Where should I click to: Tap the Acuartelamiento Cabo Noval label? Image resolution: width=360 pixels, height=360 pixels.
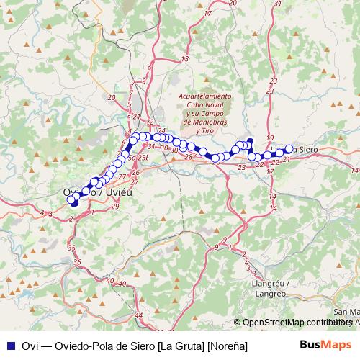point(205,96)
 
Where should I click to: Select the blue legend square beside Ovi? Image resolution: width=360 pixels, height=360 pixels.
point(9,346)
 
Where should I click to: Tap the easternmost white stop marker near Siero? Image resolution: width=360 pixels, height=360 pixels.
point(289,149)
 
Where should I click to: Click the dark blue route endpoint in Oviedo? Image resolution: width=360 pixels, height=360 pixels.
point(73,202)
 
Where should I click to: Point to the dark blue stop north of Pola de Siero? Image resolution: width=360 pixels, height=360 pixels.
point(250,141)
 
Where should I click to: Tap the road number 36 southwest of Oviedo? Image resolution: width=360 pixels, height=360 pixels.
point(77,262)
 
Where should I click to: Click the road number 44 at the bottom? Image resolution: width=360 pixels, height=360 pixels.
point(139,315)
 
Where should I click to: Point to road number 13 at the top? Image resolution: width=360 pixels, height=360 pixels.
point(184,58)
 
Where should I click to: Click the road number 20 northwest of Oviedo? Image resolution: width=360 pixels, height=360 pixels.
point(111,97)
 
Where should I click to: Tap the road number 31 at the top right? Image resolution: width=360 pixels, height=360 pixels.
point(278,4)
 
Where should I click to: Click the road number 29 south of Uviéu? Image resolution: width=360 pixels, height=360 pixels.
point(116,207)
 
